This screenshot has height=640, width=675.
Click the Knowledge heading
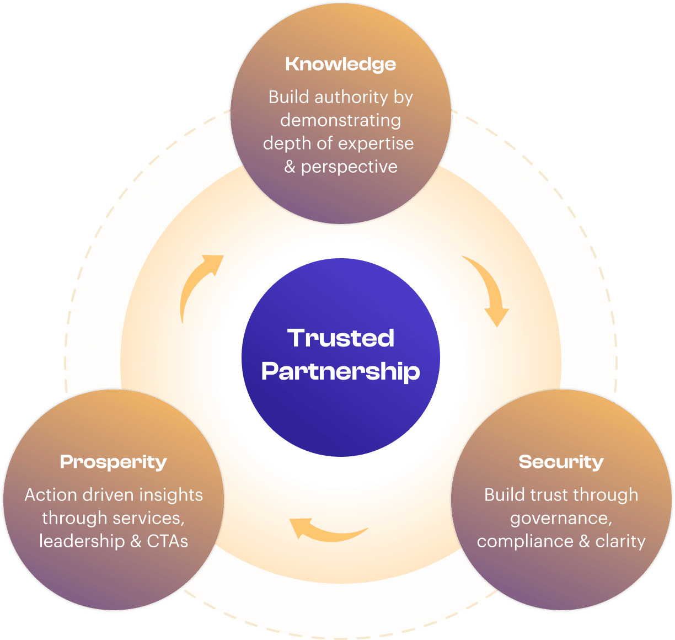[340, 65]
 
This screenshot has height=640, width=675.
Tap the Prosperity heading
[113, 462]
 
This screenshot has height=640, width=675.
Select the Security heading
[561, 462]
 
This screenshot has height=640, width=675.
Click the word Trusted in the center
[341, 338]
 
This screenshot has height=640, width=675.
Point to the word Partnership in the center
[340, 371]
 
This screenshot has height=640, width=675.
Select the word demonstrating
[340, 121]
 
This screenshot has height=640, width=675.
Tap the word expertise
[376, 144]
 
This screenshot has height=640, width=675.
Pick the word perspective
[349, 167]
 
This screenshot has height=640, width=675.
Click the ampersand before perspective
[290, 167]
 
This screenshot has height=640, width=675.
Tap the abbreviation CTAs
[168, 541]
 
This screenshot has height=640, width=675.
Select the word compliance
[526, 542]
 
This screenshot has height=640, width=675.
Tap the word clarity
[620, 542]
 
